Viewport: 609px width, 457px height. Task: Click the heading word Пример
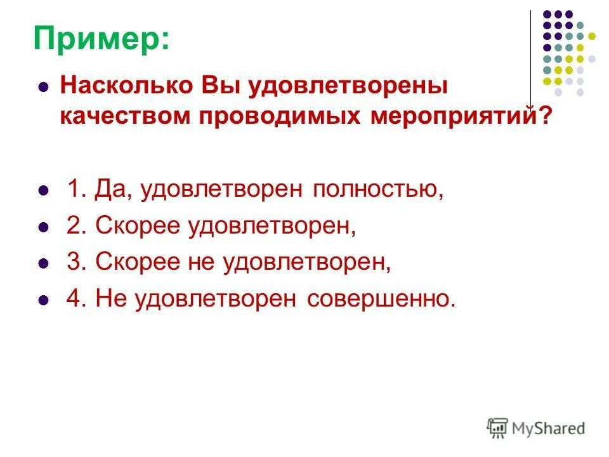(x=101, y=39)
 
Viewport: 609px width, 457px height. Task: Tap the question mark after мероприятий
(x=545, y=117)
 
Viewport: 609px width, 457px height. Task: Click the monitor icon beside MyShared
(x=498, y=428)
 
